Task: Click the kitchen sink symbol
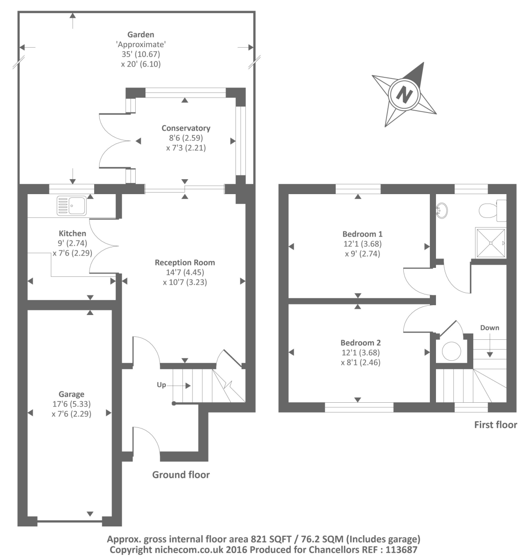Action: pyautogui.click(x=71, y=205)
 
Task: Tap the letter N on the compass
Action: pyautogui.click(x=404, y=94)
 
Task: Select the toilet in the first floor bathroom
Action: pyautogui.click(x=493, y=211)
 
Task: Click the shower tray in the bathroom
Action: pyautogui.click(x=491, y=243)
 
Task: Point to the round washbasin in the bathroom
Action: pyautogui.click(x=442, y=210)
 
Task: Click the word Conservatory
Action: pyautogui.click(x=186, y=128)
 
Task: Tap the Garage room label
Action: pyautogui.click(x=71, y=394)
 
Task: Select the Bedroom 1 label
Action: pyautogui.click(x=362, y=234)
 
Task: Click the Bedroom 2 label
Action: pyautogui.click(x=360, y=343)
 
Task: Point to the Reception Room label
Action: pyautogui.click(x=185, y=262)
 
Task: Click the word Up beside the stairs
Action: pyautogui.click(x=161, y=385)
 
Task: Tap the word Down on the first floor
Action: pyautogui.click(x=490, y=328)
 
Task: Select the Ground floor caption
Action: pyautogui.click(x=181, y=475)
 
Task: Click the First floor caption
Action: pyautogui.click(x=496, y=425)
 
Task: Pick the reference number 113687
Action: pyautogui.click(x=401, y=550)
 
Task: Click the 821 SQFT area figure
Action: pyautogui.click(x=271, y=539)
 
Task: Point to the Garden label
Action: pyautogui.click(x=141, y=35)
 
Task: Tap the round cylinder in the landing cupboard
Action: pyautogui.click(x=451, y=351)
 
